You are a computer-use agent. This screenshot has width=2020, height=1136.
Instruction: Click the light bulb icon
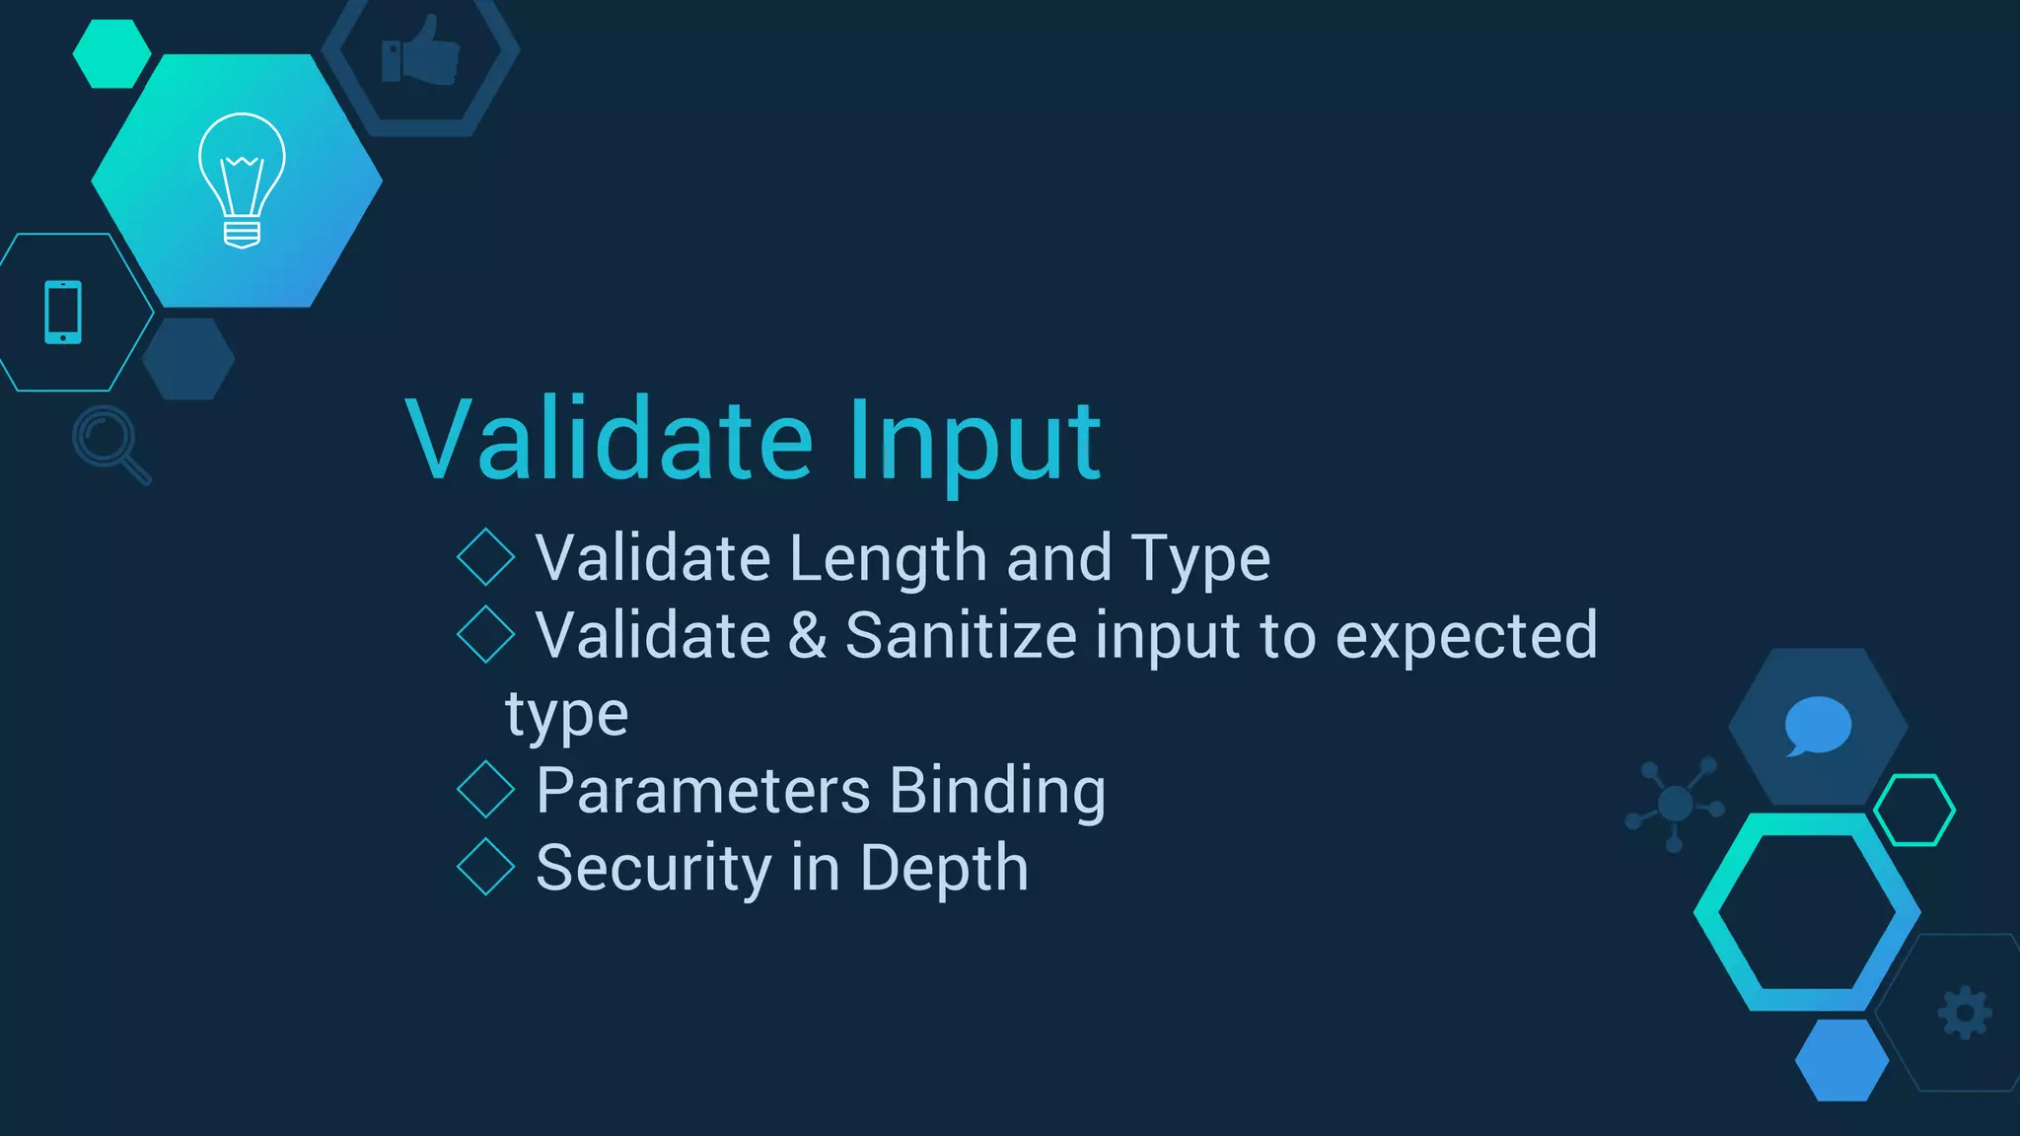point(242,180)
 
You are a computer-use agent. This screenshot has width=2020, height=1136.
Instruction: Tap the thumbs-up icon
point(421,52)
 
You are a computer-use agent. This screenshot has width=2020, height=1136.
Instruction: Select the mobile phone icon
point(63,313)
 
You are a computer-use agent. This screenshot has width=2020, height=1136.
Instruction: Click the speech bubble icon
point(1817,726)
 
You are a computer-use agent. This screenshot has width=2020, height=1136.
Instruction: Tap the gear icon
point(1965,1013)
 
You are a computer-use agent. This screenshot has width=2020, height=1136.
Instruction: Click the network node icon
point(1675,803)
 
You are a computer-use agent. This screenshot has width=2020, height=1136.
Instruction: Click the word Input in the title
point(974,441)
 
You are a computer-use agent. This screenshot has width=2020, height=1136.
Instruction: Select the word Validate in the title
point(610,441)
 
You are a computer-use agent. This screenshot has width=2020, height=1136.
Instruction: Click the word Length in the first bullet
point(888,559)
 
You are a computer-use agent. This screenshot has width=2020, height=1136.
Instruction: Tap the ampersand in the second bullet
point(807,635)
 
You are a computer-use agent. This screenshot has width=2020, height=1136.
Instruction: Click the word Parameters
point(703,791)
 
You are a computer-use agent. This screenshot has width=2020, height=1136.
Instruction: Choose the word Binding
point(997,791)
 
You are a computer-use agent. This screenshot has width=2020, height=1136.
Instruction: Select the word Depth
point(944,869)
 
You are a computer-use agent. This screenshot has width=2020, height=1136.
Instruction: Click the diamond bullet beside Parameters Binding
point(486,789)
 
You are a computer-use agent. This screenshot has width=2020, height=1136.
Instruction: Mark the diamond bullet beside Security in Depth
point(486,867)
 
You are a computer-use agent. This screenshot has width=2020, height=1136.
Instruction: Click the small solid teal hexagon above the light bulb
point(111,54)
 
